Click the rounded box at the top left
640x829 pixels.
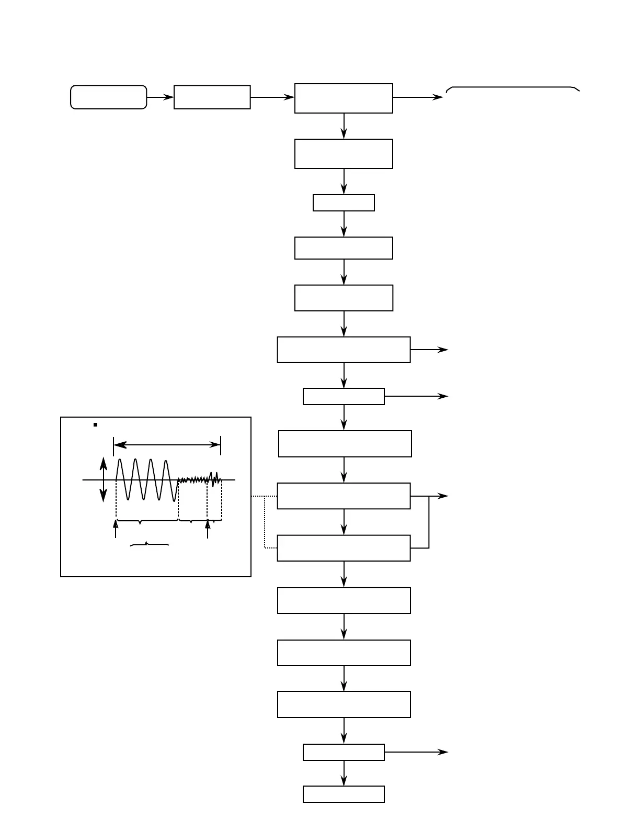108,97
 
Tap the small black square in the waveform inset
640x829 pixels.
96,424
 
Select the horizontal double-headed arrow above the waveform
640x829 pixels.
167,445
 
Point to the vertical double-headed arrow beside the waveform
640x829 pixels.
104,479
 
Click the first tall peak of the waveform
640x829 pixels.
120,461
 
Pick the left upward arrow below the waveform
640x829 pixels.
116,529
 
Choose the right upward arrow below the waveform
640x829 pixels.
208,529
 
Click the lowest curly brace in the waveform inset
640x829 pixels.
149,545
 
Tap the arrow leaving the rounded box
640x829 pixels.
160,97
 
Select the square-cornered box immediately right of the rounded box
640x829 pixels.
212,97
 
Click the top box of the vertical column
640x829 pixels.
344,98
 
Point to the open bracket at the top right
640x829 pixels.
512,88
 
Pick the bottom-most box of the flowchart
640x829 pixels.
344,794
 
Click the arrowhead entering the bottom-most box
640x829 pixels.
344,781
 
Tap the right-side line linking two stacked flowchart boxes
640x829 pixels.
429,522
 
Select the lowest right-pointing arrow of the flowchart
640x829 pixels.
416,752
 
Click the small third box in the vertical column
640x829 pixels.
344,203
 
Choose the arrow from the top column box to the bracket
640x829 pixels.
418,97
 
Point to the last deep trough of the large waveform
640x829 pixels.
174,499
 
